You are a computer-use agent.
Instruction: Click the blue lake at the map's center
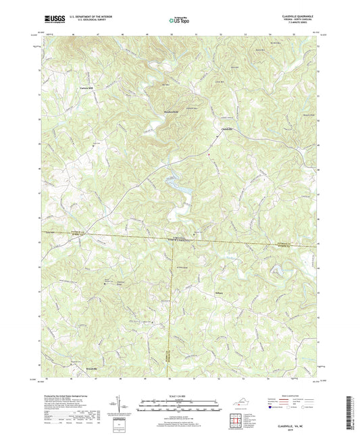(x=177, y=184)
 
